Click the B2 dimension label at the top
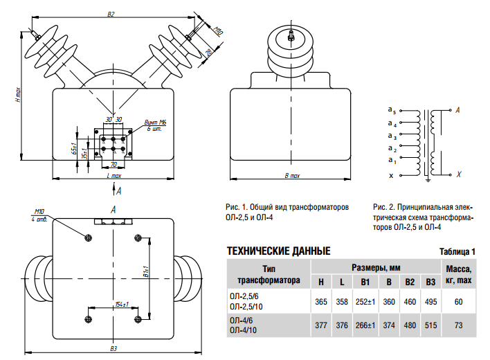click(111, 14)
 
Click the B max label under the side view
click(293, 176)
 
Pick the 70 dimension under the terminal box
click(114, 165)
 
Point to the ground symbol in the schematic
click(428, 181)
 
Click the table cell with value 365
click(320, 302)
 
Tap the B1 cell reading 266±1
click(365, 324)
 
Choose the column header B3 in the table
click(430, 281)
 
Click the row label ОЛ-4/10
click(242, 329)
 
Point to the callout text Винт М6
click(157, 122)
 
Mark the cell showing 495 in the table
click(430, 302)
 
